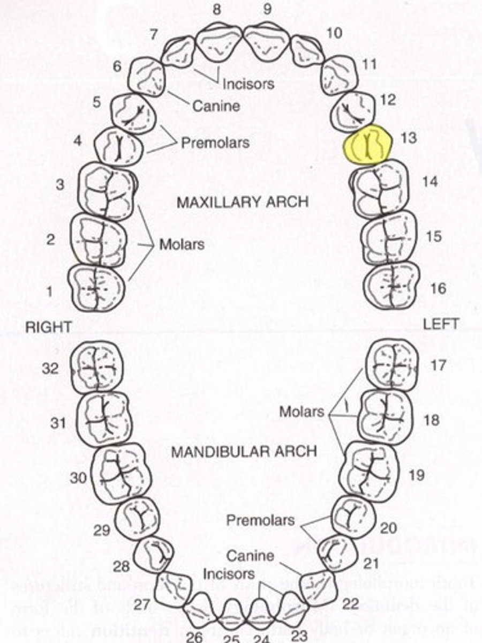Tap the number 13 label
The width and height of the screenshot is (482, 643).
[x=408, y=138]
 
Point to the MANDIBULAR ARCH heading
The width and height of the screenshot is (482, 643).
[x=244, y=451]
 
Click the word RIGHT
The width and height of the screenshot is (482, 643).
[x=48, y=327]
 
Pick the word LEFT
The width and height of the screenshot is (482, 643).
[x=441, y=324]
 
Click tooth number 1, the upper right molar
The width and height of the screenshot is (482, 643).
[x=96, y=288]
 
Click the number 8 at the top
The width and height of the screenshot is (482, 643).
[x=217, y=9]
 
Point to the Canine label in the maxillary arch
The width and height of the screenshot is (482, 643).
[x=216, y=106]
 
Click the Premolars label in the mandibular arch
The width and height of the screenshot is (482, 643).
[x=260, y=520]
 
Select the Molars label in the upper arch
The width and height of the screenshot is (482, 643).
[x=182, y=244]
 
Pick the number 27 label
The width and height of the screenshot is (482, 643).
[x=141, y=605]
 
